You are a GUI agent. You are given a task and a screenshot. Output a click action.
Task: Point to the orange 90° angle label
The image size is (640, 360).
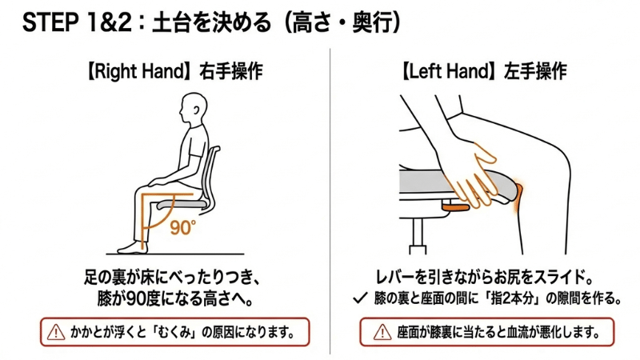point(182,227)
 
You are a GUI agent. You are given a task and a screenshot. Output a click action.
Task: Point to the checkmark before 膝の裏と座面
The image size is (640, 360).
point(361,299)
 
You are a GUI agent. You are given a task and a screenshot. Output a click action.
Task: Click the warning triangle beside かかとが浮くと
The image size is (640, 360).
point(55,329)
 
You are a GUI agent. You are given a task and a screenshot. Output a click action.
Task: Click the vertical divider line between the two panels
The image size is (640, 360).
point(330,200)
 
